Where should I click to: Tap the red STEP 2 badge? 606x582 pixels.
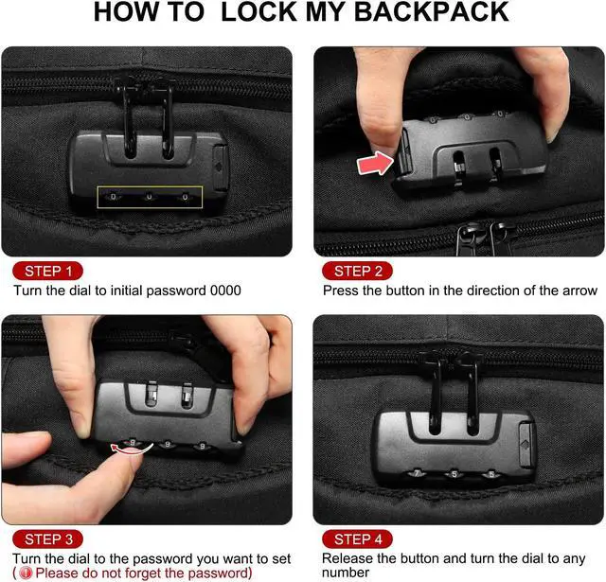(x=358, y=271)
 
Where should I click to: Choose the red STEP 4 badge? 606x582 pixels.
(x=358, y=539)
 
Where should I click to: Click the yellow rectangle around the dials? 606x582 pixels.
(x=150, y=197)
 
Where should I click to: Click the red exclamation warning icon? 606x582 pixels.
(x=25, y=573)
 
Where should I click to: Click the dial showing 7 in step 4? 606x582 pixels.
(x=416, y=473)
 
